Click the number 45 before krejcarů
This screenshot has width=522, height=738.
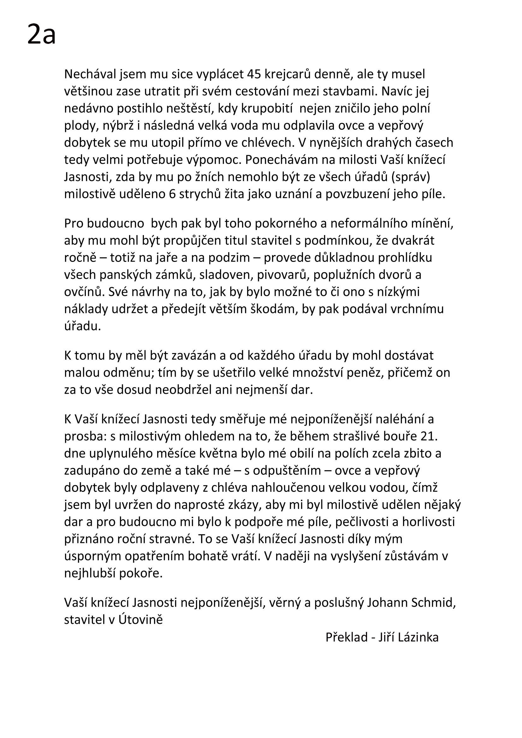coord(254,74)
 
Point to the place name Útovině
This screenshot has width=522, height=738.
coord(141,620)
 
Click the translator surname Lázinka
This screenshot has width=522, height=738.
coord(418,637)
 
